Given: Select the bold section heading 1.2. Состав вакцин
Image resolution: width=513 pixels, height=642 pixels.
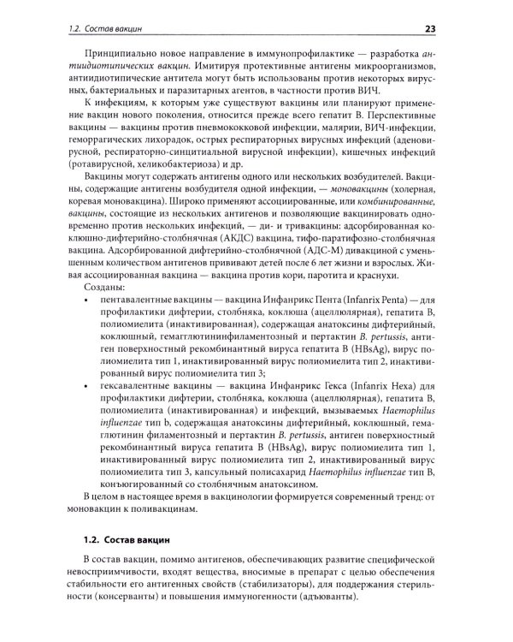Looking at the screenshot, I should pyautogui.click(x=130, y=540).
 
